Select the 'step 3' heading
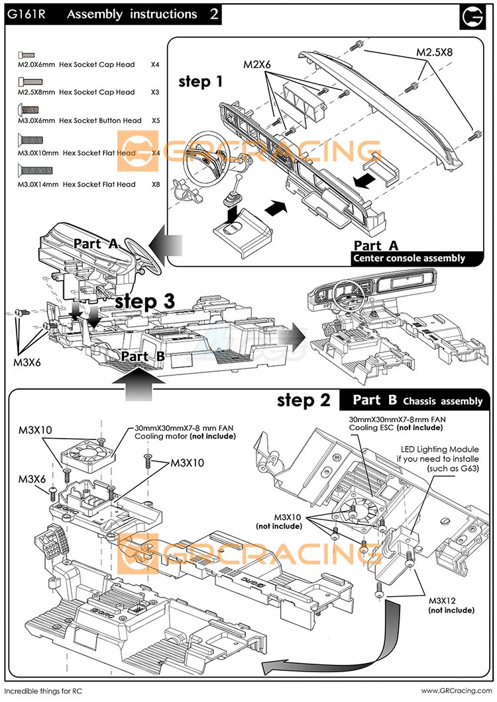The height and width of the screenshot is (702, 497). pyautogui.click(x=144, y=301)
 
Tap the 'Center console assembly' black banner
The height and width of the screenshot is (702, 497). pyautogui.click(x=409, y=258)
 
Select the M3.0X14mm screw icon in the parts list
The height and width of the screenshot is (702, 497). pyautogui.click(x=29, y=173)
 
